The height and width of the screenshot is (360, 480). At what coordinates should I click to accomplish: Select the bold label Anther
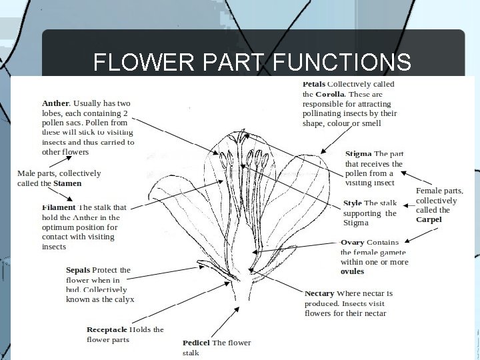click(x=55, y=103)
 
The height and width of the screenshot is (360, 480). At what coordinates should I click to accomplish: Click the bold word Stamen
click(x=68, y=183)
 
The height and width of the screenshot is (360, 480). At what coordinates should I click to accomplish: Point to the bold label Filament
click(x=59, y=207)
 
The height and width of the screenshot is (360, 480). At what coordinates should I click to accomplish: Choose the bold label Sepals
click(x=78, y=270)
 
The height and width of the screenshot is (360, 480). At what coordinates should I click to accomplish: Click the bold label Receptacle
click(x=107, y=329)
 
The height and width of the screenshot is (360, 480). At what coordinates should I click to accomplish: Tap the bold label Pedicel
click(x=197, y=343)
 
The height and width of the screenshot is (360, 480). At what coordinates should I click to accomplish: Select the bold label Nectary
click(x=319, y=293)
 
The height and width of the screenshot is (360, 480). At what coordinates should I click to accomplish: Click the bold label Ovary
click(x=352, y=242)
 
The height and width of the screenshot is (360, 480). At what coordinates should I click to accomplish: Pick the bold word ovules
click(x=352, y=272)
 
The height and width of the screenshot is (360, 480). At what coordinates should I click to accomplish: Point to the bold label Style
click(x=353, y=203)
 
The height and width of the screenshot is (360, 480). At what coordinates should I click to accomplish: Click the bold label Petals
click(x=314, y=84)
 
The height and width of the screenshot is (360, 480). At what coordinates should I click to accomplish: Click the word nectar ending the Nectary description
click(x=373, y=313)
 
